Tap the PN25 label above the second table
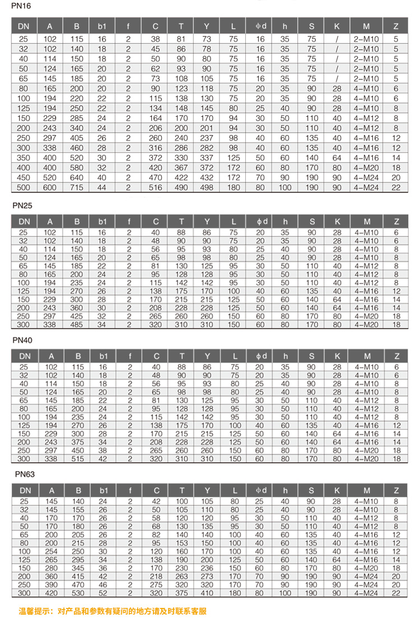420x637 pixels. tap(24, 205)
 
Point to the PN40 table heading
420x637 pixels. tap(24, 340)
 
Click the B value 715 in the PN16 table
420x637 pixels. tap(77, 188)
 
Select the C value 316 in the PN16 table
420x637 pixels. tap(155, 148)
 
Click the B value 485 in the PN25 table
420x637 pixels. tap(77, 324)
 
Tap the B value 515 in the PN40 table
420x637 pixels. tap(77, 459)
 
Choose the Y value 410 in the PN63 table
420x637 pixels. tap(207, 593)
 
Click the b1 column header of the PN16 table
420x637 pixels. tap(102, 26)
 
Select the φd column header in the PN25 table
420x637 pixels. tap(260, 221)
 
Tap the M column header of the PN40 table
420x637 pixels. tap(366, 356)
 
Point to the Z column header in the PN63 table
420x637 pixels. tap(396, 490)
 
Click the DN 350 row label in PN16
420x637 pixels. tap(24, 158)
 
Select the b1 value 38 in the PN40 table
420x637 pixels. tap(102, 451)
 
